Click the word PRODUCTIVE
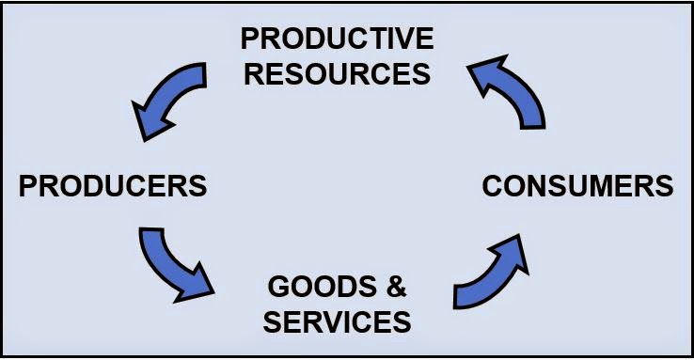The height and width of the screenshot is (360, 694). tap(337, 39)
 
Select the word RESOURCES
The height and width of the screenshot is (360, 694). tap(337, 72)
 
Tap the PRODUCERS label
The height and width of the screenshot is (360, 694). tap(113, 185)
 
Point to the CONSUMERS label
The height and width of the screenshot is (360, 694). tap(577, 185)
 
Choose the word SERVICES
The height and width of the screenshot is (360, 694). tap(337, 321)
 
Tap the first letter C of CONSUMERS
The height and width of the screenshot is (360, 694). tap(493, 185)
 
